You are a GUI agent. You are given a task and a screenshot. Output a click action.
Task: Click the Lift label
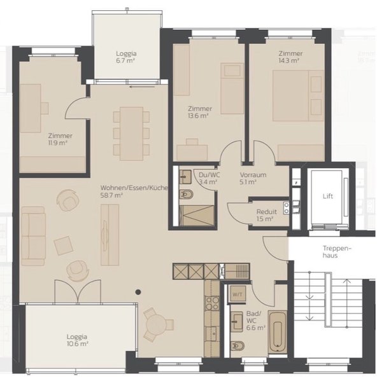[x=327, y=197]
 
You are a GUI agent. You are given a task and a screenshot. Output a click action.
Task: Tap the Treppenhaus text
[x=337, y=252]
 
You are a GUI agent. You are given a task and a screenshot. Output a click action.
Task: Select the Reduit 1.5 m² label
[x=266, y=215]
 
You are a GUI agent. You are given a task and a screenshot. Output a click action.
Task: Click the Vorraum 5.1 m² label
[x=253, y=178]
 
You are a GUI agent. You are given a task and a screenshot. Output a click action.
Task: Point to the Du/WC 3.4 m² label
[x=209, y=178]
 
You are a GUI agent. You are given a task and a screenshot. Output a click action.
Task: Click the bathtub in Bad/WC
[x=278, y=332]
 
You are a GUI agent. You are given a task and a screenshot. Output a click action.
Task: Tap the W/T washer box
[x=237, y=293]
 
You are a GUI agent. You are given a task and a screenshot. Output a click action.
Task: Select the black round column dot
[x=138, y=292]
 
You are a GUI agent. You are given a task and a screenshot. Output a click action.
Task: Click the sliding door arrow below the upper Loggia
[x=142, y=87]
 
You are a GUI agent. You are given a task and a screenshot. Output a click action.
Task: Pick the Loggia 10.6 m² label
[x=77, y=340]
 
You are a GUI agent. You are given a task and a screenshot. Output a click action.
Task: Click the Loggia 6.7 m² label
[x=126, y=57]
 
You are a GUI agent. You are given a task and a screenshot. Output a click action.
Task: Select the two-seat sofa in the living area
[x=34, y=236]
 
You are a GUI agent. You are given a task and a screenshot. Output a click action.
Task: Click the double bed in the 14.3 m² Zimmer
[x=298, y=95]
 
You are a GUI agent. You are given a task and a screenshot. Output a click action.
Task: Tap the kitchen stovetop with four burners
[x=212, y=303]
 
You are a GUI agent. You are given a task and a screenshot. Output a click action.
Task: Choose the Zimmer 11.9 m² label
[x=60, y=139]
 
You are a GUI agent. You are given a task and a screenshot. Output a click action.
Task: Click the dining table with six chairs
[x=131, y=134]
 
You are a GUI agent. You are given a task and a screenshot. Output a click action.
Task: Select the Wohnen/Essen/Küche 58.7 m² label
[x=134, y=191]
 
